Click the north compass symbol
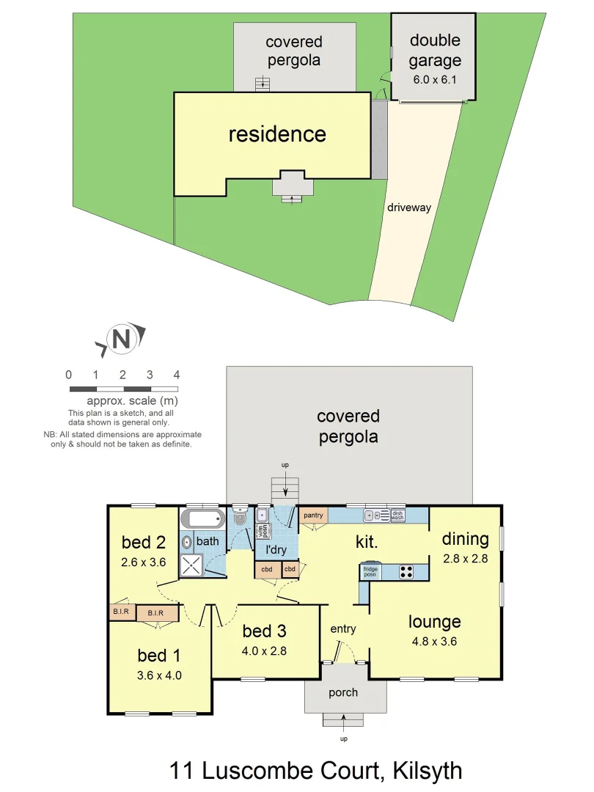pos(122,339)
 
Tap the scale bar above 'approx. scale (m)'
pos(123,388)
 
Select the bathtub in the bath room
pos(202,520)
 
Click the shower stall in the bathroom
pos(194,565)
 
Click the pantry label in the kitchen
pos(313,516)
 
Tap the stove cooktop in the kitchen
pos(406,571)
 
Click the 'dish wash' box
pos(397,516)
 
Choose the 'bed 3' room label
pos(265,631)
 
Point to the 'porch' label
pos(343,692)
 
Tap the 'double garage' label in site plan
pos(435,50)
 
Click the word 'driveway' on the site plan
pos(408,208)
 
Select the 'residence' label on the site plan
pos(277,134)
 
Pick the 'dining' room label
pos(465,539)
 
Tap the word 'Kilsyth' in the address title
pos(428,771)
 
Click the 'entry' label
pos(342,628)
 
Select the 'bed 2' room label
pos(144,543)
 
